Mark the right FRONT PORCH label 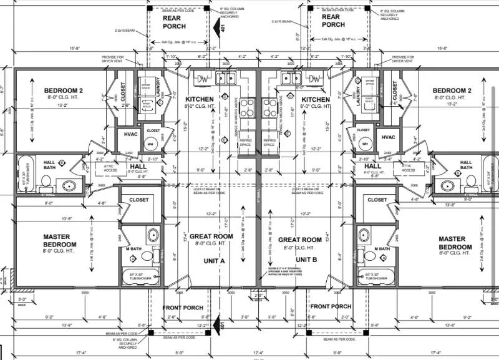(331, 306)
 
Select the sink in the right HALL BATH (447, 185)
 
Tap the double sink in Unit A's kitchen (225, 79)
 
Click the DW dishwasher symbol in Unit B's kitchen (316, 79)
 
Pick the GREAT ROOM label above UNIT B (299, 240)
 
